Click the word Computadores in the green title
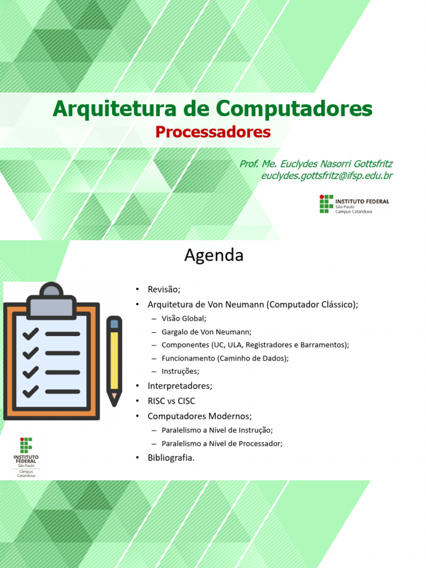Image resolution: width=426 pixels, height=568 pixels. click(294, 108)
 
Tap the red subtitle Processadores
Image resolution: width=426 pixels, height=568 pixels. click(213, 132)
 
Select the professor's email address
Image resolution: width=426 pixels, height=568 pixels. click(327, 176)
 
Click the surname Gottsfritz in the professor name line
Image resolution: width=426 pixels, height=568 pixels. click(373, 164)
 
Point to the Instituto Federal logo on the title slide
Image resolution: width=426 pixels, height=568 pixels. click(354, 204)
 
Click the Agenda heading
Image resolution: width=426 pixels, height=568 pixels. click(214, 255)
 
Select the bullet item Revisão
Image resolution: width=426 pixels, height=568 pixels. click(164, 289)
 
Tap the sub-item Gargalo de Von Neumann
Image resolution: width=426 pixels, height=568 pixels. click(206, 332)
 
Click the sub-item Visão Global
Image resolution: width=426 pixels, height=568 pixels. click(184, 318)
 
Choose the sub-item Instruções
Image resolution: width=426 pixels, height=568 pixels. click(180, 371)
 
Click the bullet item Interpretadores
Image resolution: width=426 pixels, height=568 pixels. click(180, 386)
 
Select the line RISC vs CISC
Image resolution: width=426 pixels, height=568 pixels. click(171, 401)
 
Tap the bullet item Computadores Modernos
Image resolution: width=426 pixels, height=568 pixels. click(200, 416)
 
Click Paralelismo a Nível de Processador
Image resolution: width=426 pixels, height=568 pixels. click(222, 443)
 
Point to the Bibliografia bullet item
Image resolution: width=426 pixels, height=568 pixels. click(171, 458)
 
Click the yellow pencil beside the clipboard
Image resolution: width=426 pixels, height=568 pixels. click(114, 361)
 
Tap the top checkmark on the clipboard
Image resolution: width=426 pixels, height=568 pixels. click(31, 333)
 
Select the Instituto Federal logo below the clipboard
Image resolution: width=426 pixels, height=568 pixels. click(26, 457)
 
